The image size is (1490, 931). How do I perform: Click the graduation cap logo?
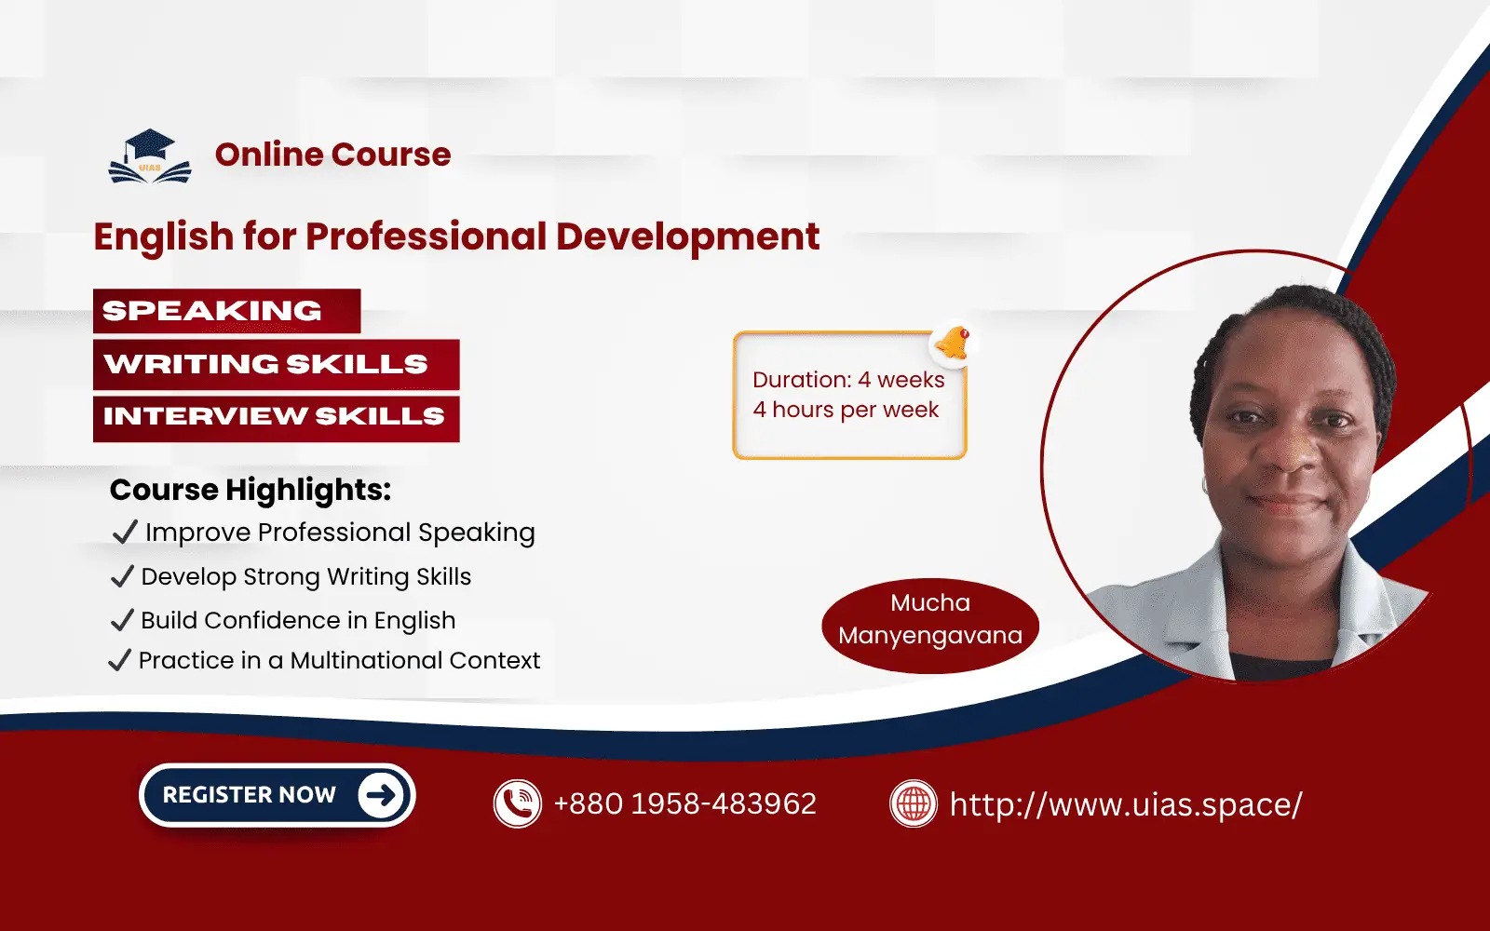pos(150,156)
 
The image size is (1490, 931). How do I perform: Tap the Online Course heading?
pos(332,155)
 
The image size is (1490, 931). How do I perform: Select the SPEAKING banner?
pos(226,311)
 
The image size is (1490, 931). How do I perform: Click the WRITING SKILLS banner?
pos(276,364)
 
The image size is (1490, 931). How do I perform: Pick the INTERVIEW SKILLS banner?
pos(276,416)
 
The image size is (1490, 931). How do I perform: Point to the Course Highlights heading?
pos(251,490)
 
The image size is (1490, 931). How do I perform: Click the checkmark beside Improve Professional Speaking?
pos(124,532)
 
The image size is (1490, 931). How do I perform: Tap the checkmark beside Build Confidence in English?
pos(122,620)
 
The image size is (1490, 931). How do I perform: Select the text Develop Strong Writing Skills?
pos(306,577)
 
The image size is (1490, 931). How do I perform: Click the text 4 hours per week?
pos(846,410)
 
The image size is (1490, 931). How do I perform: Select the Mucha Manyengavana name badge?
pos(929,620)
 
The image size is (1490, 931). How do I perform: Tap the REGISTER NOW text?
pos(249,795)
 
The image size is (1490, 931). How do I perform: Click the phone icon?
pos(517,803)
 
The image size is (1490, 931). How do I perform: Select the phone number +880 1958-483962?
pos(684,803)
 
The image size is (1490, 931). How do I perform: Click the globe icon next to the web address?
pos(913,803)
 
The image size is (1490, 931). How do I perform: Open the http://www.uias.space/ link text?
pos(1125,804)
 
